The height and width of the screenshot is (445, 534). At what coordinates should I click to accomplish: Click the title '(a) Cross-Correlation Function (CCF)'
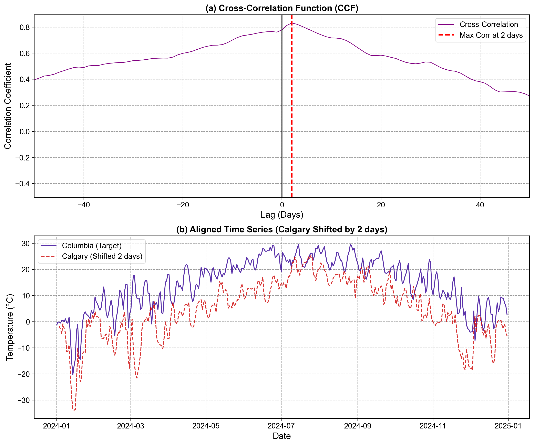click(282, 8)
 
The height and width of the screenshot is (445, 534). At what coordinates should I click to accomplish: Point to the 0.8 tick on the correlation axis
click(25, 27)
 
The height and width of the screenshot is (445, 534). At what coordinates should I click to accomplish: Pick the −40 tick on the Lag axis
click(84, 205)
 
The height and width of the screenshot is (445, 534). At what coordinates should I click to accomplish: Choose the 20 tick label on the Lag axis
click(381, 205)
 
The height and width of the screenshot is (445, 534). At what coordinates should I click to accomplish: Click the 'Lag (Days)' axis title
click(282, 215)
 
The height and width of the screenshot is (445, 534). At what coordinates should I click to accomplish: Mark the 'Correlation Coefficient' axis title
click(8, 106)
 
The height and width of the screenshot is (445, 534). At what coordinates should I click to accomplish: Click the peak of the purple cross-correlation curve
click(292, 23)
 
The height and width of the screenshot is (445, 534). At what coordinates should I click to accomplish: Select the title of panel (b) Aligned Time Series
click(282, 229)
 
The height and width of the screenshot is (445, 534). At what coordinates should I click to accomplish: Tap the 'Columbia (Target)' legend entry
click(92, 246)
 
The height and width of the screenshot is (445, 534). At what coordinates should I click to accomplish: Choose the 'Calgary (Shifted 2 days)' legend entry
click(102, 256)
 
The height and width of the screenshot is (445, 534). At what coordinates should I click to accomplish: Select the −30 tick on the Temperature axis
click(23, 400)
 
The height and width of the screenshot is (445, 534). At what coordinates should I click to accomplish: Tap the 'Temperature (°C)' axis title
click(10, 327)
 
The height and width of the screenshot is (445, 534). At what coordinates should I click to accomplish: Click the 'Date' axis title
click(282, 436)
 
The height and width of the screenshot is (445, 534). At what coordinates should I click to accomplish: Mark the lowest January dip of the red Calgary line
click(74, 410)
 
